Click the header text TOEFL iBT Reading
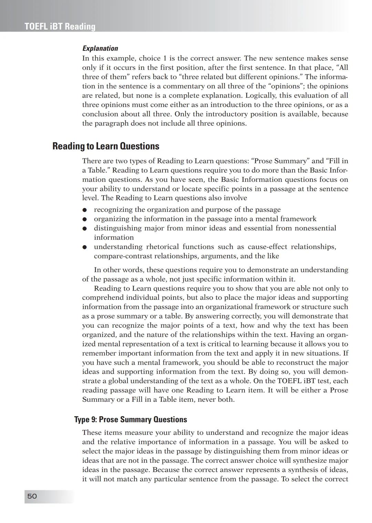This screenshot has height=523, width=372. tap(60, 27)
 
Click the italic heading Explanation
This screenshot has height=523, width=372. tap(100, 48)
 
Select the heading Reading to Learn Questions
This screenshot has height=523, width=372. tap(106, 146)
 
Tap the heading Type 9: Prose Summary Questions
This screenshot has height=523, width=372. tap(131, 419)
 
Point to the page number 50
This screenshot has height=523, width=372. tap(32, 496)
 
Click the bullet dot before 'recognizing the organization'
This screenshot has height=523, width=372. tap(84, 210)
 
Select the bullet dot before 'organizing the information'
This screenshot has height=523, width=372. tap(84, 219)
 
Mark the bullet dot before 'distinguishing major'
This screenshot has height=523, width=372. tap(84, 229)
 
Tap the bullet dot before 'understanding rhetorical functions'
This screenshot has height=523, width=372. tap(84, 247)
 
